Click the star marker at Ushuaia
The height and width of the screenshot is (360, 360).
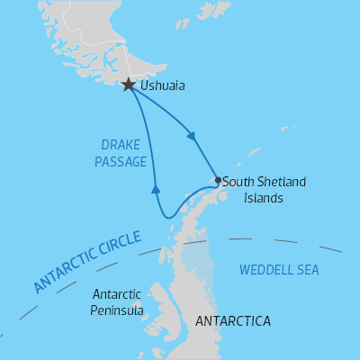tap(129, 85)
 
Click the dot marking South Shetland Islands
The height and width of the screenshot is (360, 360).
tap(218, 180)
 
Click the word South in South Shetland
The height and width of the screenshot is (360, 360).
tap(238, 182)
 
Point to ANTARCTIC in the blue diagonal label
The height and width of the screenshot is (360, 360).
tap(64, 274)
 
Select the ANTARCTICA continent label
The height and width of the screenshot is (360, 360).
tap(232, 321)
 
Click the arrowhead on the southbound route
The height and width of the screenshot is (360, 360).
tap(190, 136)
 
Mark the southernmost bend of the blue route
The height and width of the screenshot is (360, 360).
tap(167, 217)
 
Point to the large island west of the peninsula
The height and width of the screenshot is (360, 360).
tap(162, 301)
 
